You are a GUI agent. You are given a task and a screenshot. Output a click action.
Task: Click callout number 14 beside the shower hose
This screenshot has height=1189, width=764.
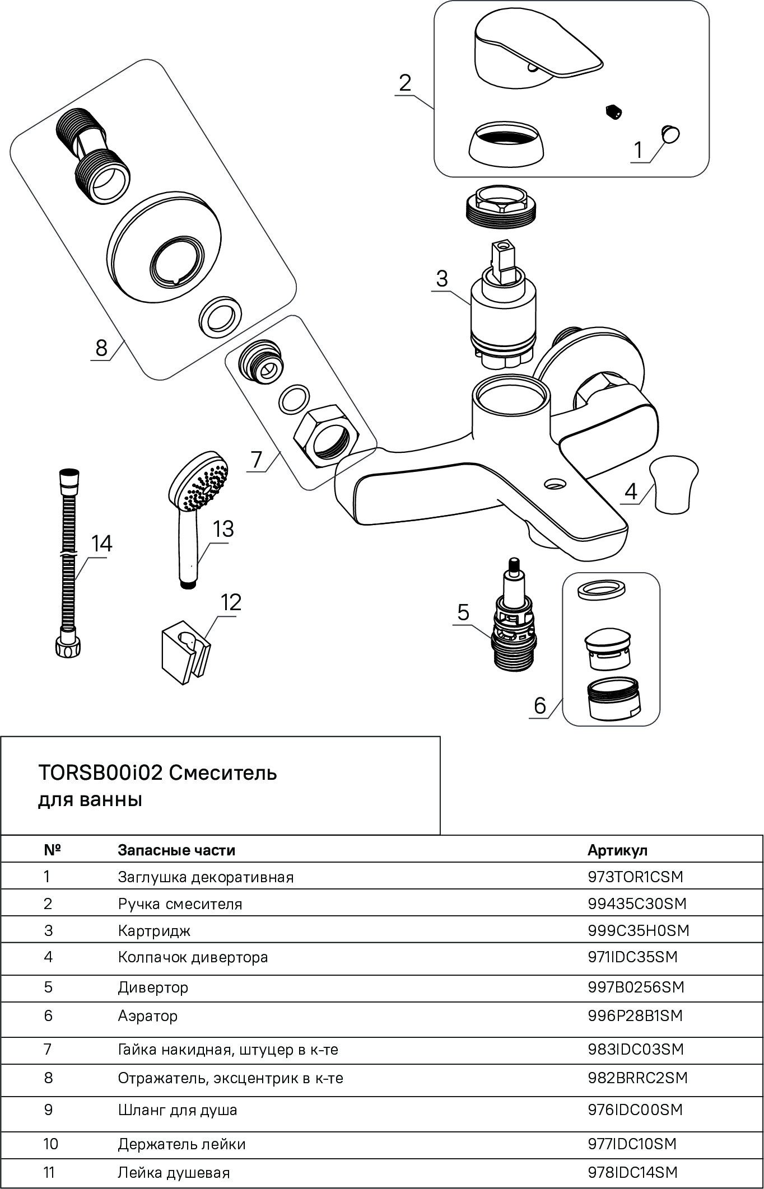click(x=102, y=543)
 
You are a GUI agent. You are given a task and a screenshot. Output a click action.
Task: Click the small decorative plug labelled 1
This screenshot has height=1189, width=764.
click(x=670, y=134)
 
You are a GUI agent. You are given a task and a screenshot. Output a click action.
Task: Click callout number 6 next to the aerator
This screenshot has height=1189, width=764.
click(x=540, y=705)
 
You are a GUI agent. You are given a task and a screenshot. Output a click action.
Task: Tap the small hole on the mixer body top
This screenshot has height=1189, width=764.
click(x=555, y=483)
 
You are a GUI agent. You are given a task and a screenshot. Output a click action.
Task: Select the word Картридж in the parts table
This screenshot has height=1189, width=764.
click(x=154, y=931)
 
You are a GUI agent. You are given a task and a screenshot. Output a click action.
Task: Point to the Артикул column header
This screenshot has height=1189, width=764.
click(x=617, y=850)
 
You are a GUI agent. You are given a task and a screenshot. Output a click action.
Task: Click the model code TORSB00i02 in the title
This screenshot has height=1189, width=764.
click(x=100, y=773)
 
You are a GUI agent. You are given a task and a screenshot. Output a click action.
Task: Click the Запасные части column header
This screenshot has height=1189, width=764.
click(x=176, y=850)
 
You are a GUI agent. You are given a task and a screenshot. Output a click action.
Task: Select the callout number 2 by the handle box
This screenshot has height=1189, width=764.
click(x=405, y=83)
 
